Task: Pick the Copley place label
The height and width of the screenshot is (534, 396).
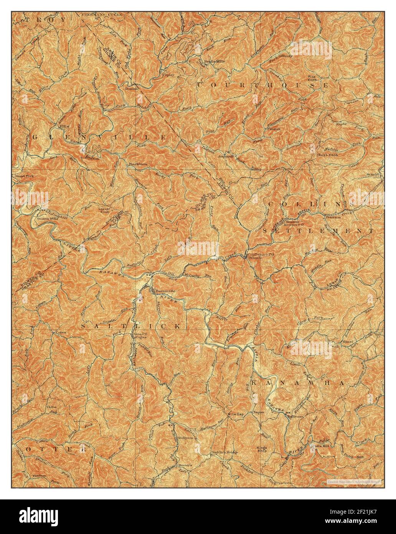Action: click(x=169, y=75)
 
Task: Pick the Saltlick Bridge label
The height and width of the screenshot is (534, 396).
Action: click(x=225, y=452)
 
